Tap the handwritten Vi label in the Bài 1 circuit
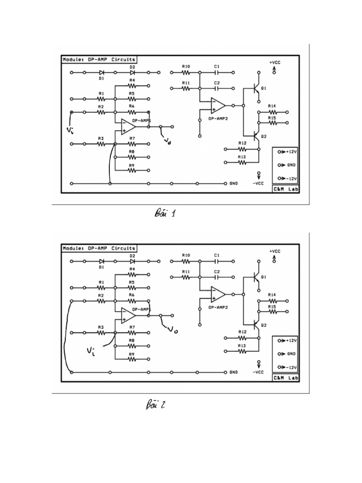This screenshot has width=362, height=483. pyautogui.click(x=71, y=129)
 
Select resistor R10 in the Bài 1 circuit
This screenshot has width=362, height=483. pyautogui.click(x=186, y=73)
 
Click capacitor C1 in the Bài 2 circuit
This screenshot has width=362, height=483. pyautogui.click(x=217, y=261)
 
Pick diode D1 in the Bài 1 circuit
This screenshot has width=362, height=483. pyautogui.click(x=101, y=73)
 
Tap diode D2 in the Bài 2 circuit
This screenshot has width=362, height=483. pyautogui.click(x=132, y=261)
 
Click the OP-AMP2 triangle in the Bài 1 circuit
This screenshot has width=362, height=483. pyautogui.click(x=218, y=105)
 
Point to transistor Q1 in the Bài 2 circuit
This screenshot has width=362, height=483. pyautogui.click(x=256, y=277)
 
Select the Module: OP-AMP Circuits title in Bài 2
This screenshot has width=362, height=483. pyautogui.click(x=99, y=248)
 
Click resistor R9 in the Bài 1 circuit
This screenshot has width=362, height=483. pyautogui.click(x=132, y=171)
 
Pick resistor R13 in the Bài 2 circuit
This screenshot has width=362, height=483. pyautogui.click(x=242, y=350)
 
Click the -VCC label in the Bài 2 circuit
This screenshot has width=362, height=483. pyautogui.click(x=258, y=372)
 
